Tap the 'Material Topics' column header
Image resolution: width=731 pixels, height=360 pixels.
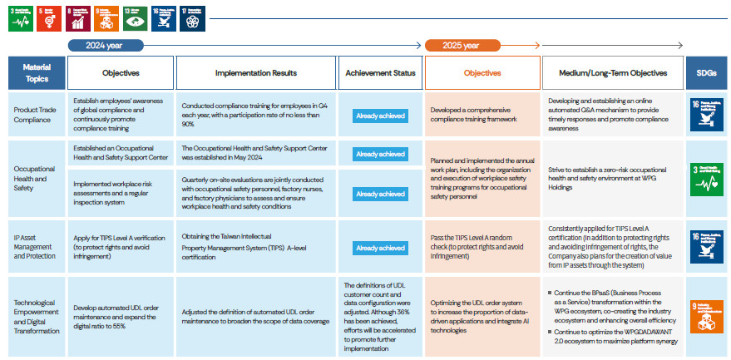[x=37, y=73]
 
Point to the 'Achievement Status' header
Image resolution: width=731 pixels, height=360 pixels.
[x=380, y=73]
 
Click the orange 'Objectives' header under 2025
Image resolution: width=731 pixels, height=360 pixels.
[x=482, y=73]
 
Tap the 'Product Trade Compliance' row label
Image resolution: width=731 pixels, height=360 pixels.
[x=37, y=114]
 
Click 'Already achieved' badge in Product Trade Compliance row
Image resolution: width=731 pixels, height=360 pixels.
[x=380, y=116]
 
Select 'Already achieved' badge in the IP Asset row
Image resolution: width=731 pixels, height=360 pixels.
[x=380, y=248]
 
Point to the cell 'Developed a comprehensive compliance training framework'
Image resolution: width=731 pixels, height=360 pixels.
[x=482, y=114]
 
